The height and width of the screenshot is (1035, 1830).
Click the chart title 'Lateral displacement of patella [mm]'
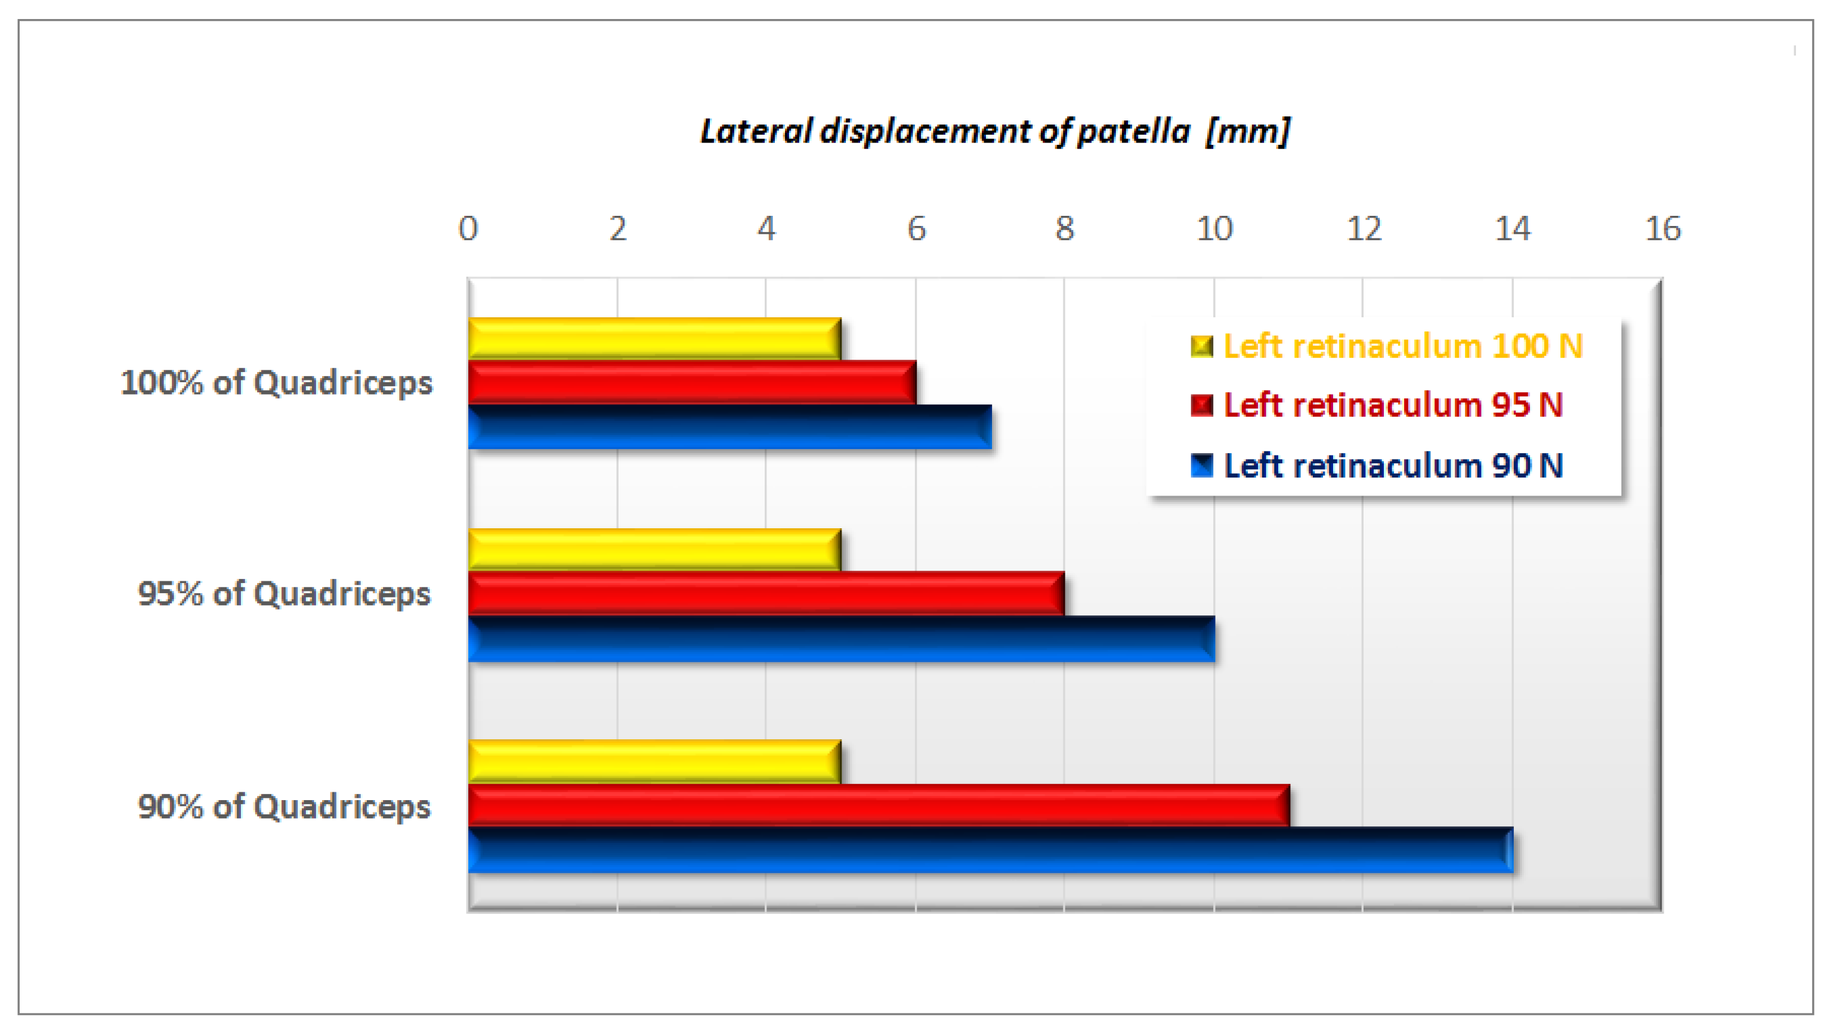[994, 132]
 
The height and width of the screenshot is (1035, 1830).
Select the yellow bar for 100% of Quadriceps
[654, 339]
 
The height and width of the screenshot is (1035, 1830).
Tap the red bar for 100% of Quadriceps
[691, 382]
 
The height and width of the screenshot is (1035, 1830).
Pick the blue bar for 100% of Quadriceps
[729, 426]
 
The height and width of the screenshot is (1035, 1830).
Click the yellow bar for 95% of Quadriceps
[654, 550]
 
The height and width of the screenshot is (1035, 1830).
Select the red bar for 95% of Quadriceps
[766, 593]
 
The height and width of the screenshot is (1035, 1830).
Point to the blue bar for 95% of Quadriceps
[841, 639]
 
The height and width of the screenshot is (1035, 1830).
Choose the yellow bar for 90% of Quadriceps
[654, 761]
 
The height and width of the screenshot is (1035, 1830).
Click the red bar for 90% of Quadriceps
[878, 805]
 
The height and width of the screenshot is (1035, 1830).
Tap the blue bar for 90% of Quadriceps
[990, 850]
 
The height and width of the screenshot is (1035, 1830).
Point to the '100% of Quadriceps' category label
[276, 383]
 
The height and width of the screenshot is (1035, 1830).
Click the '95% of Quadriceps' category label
[284, 594]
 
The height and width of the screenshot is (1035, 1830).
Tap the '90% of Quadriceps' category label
[284, 807]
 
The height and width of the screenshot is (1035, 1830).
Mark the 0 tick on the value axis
[468, 229]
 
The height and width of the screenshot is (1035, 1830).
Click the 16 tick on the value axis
[1662, 229]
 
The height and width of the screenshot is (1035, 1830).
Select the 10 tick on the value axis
[1214, 229]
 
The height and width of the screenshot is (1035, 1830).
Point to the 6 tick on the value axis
[916, 229]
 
